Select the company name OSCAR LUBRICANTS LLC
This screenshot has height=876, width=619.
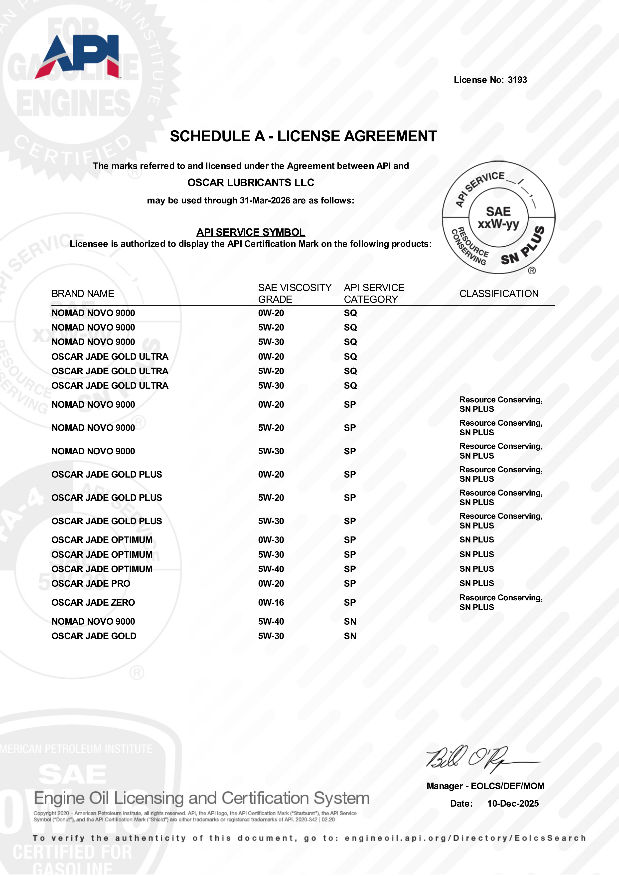[x=251, y=183]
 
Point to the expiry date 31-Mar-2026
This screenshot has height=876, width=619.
[x=265, y=201]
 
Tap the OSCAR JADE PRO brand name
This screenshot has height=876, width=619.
[x=91, y=583]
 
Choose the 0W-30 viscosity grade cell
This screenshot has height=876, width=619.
[x=271, y=540]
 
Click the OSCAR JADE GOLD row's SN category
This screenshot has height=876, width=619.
[x=350, y=636]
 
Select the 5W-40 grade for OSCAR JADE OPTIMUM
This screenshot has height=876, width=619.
[x=271, y=569]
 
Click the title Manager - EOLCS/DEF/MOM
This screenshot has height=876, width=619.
[x=485, y=786]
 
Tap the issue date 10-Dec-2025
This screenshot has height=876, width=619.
[x=513, y=804]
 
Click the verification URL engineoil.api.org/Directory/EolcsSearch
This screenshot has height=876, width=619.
[x=465, y=838]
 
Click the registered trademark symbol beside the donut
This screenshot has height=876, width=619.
[x=532, y=271]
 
